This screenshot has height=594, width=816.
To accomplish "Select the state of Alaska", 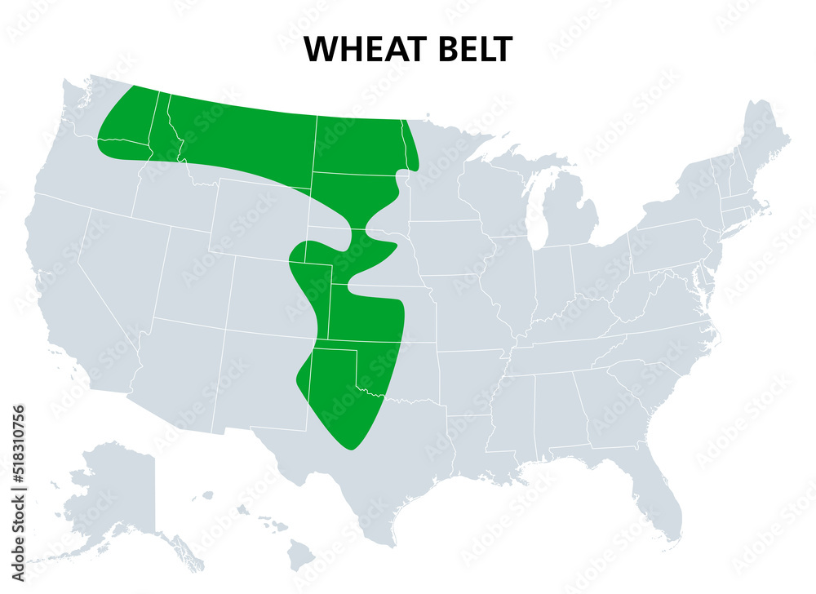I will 114,498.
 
